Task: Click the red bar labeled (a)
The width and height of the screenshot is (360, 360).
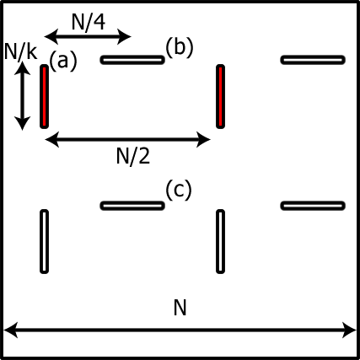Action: coord(44,96)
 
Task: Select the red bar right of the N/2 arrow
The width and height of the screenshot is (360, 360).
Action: coord(221,96)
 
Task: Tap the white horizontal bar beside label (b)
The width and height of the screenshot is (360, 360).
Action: coord(132,60)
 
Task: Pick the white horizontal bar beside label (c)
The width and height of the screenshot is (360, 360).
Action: coord(132,206)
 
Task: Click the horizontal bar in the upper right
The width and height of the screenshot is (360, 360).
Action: coord(313,60)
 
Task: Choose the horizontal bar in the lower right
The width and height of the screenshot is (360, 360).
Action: coord(313,206)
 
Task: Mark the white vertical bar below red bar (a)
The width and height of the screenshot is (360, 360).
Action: coord(44,241)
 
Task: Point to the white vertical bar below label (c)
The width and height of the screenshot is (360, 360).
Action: coord(221,241)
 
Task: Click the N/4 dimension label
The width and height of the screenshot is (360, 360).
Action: coord(88,22)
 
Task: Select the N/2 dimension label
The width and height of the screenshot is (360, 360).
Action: coord(132,154)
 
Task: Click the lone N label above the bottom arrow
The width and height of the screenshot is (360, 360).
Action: coord(180,309)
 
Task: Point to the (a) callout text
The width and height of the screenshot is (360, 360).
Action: coord(63,62)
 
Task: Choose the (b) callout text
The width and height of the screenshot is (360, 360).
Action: coord(179,46)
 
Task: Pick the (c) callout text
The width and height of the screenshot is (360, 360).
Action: coord(179,191)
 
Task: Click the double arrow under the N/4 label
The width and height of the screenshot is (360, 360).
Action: coord(88,36)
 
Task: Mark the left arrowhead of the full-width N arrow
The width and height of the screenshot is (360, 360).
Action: coord(10,330)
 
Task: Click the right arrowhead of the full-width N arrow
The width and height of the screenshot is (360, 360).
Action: coord(350,330)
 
